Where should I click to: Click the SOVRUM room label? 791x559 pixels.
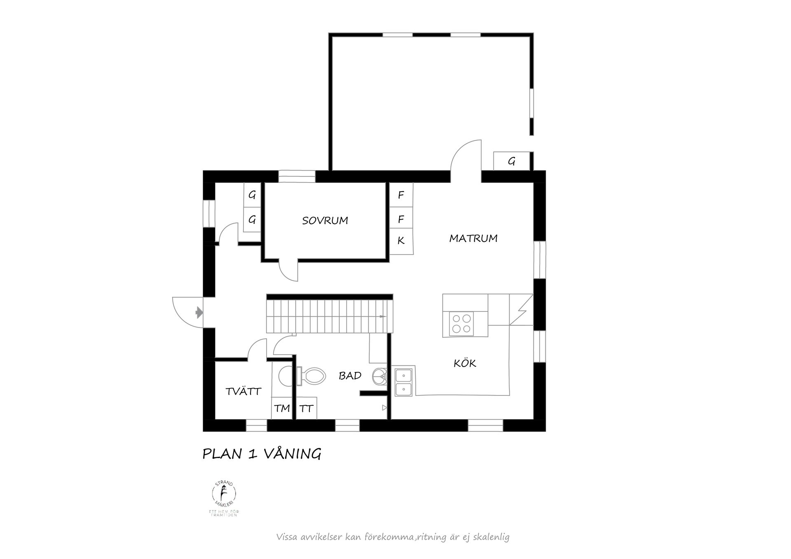(x=325, y=221)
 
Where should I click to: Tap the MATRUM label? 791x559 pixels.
(x=473, y=239)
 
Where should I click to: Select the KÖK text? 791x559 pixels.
(x=465, y=363)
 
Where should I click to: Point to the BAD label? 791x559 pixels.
(x=350, y=376)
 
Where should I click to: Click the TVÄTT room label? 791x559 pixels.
(x=243, y=391)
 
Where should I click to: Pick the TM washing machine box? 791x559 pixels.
(x=282, y=408)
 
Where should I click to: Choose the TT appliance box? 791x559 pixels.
(x=307, y=408)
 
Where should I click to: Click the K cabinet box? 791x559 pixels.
(x=401, y=241)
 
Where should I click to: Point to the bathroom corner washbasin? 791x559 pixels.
(x=380, y=376)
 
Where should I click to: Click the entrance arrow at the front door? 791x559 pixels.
(x=199, y=313)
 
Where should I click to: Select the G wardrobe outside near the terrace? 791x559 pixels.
(x=512, y=161)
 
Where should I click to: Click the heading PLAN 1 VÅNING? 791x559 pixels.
(x=262, y=454)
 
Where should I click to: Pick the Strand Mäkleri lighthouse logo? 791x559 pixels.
(x=224, y=498)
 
